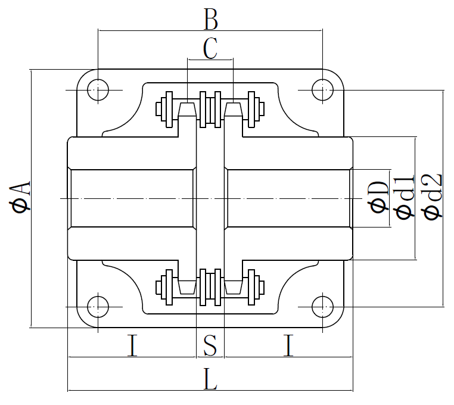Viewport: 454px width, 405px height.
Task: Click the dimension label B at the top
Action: click(x=210, y=20)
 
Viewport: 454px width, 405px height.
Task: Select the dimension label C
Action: click(x=210, y=49)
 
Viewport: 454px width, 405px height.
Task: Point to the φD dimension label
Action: click(x=379, y=197)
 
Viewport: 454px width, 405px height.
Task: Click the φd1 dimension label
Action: click(x=405, y=197)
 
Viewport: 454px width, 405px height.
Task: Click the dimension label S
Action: click(x=210, y=345)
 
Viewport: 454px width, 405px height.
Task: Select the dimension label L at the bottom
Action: click(x=210, y=379)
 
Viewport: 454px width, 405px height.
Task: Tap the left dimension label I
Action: click(x=132, y=345)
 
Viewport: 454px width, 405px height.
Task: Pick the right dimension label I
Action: click(x=288, y=345)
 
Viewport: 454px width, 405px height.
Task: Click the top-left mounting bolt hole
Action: click(x=97, y=90)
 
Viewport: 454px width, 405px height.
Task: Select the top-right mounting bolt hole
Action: click(x=323, y=90)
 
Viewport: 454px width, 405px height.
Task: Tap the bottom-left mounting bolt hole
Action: click(x=97, y=306)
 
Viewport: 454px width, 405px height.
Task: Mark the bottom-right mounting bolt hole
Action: click(x=323, y=306)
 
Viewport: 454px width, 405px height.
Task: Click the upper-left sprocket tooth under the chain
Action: click(x=187, y=109)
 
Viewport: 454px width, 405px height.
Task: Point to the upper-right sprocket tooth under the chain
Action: click(x=234, y=109)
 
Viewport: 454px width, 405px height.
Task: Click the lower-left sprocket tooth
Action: click(x=187, y=287)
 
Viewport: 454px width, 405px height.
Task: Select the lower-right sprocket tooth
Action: click(x=234, y=287)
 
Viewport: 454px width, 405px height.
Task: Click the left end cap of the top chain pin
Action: click(x=159, y=109)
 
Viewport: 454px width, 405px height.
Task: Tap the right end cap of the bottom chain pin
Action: click(x=261, y=287)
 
